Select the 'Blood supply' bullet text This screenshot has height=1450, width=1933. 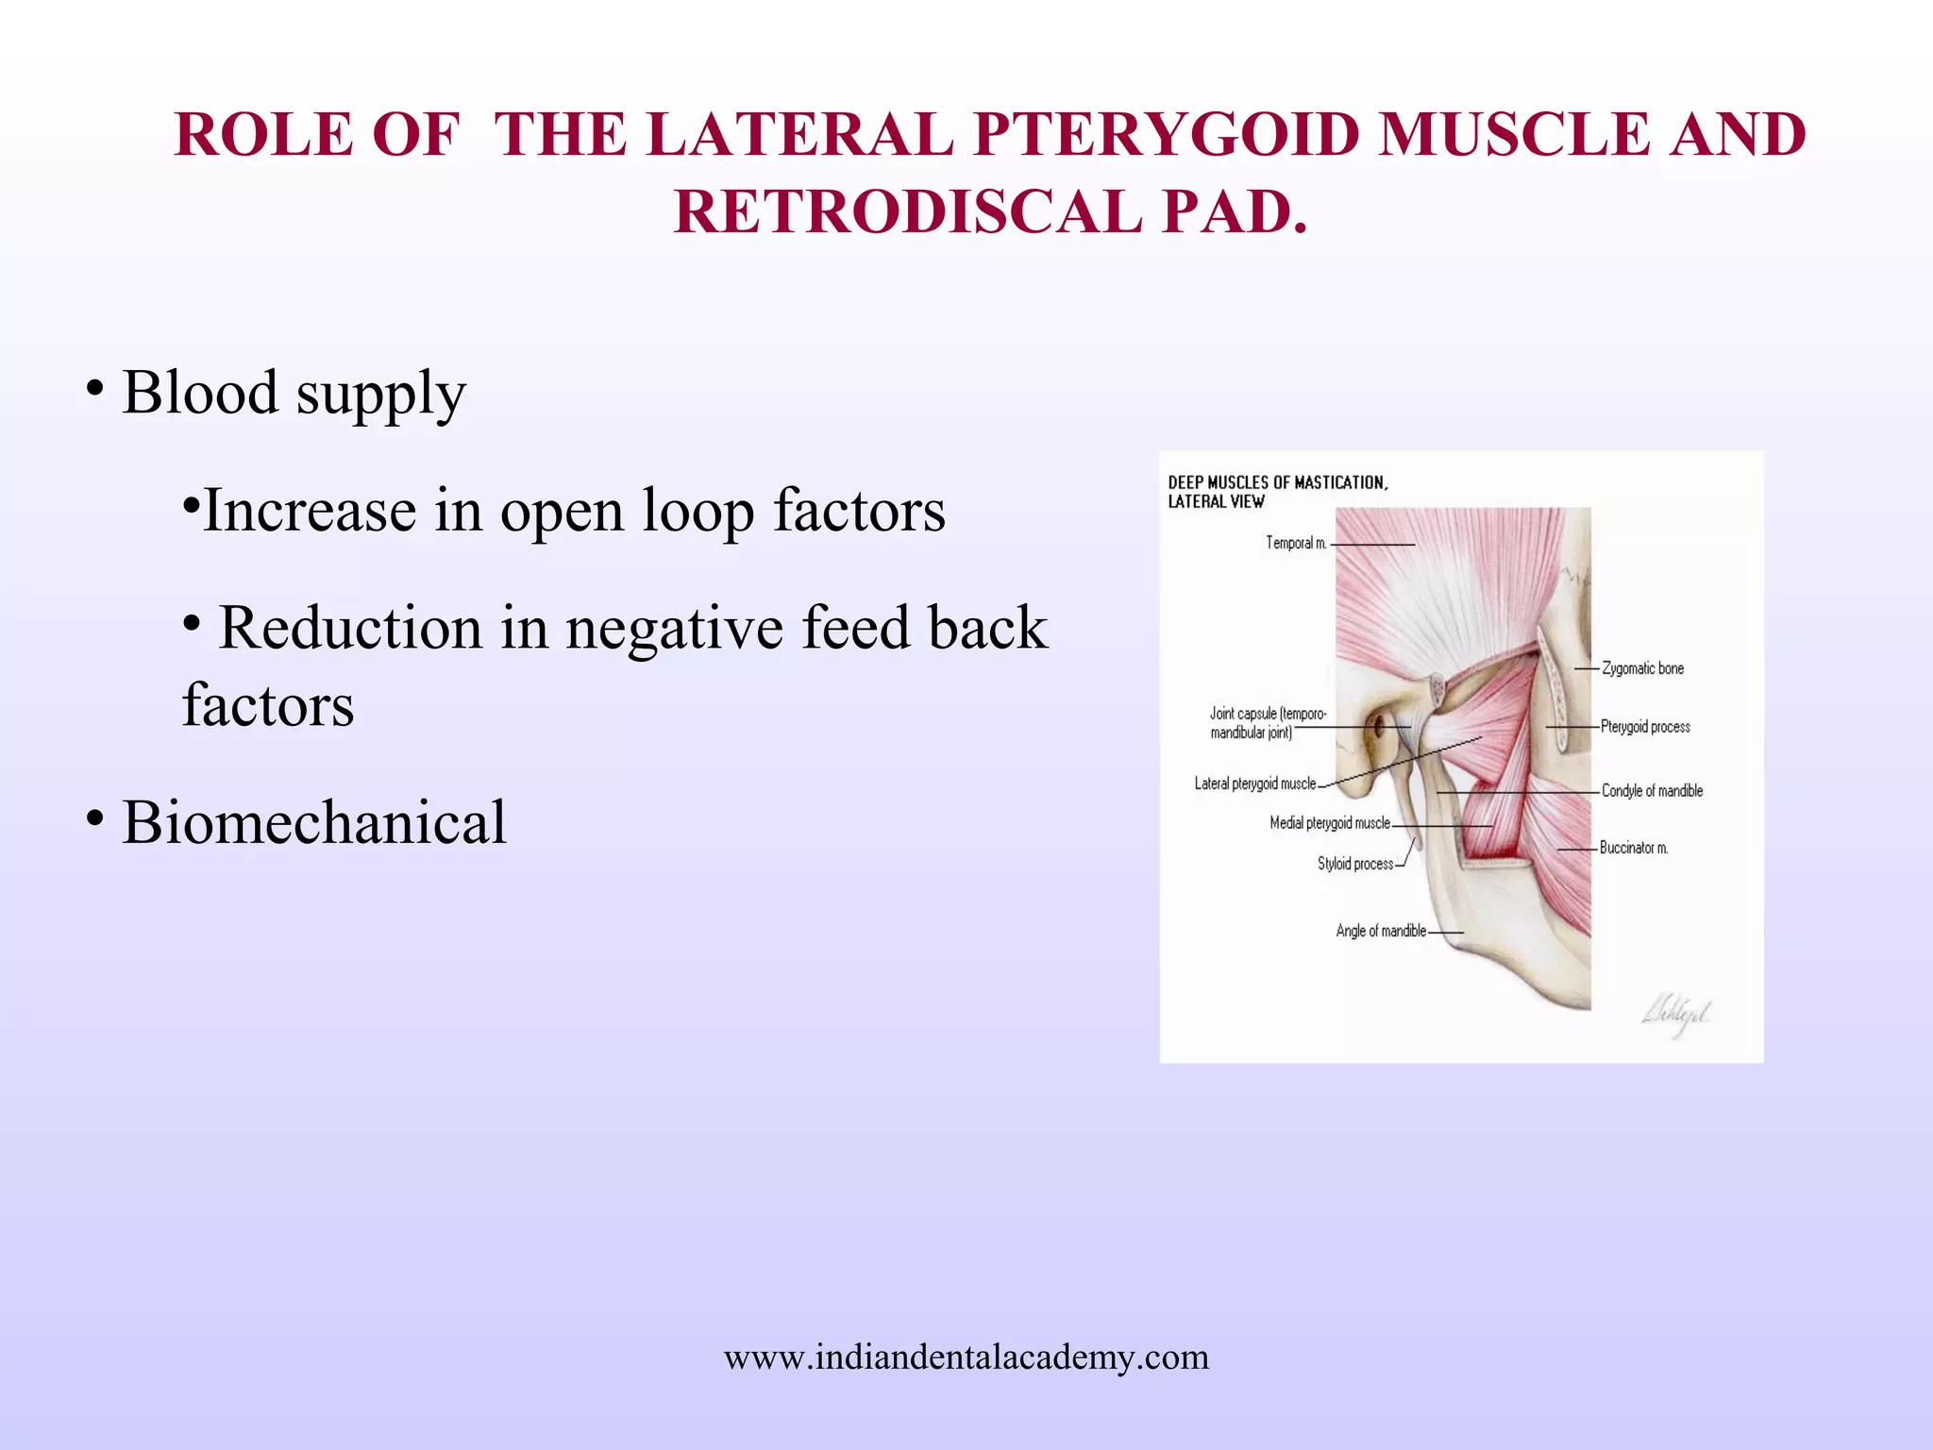(x=294, y=393)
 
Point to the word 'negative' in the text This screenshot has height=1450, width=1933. (x=674, y=629)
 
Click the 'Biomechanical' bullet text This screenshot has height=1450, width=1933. (x=313, y=822)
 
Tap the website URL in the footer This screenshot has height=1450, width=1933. (x=966, y=1357)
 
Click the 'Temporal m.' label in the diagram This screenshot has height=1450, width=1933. (x=1296, y=544)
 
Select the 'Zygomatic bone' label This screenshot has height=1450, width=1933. (x=1642, y=668)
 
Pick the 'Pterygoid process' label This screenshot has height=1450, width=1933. (x=1645, y=727)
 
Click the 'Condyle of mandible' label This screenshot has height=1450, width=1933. (x=1652, y=791)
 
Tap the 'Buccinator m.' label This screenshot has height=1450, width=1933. (x=1634, y=848)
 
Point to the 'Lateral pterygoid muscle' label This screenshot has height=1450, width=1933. (x=1254, y=784)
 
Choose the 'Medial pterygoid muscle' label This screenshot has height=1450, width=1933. (x=1329, y=823)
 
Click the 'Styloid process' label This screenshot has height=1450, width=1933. (x=1354, y=864)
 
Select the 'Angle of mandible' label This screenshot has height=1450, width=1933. (x=1380, y=931)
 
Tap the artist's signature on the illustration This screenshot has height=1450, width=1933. (x=1676, y=1016)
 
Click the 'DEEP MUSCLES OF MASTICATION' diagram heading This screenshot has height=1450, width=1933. (x=1277, y=483)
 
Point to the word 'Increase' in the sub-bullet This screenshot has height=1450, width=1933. (x=308, y=511)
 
